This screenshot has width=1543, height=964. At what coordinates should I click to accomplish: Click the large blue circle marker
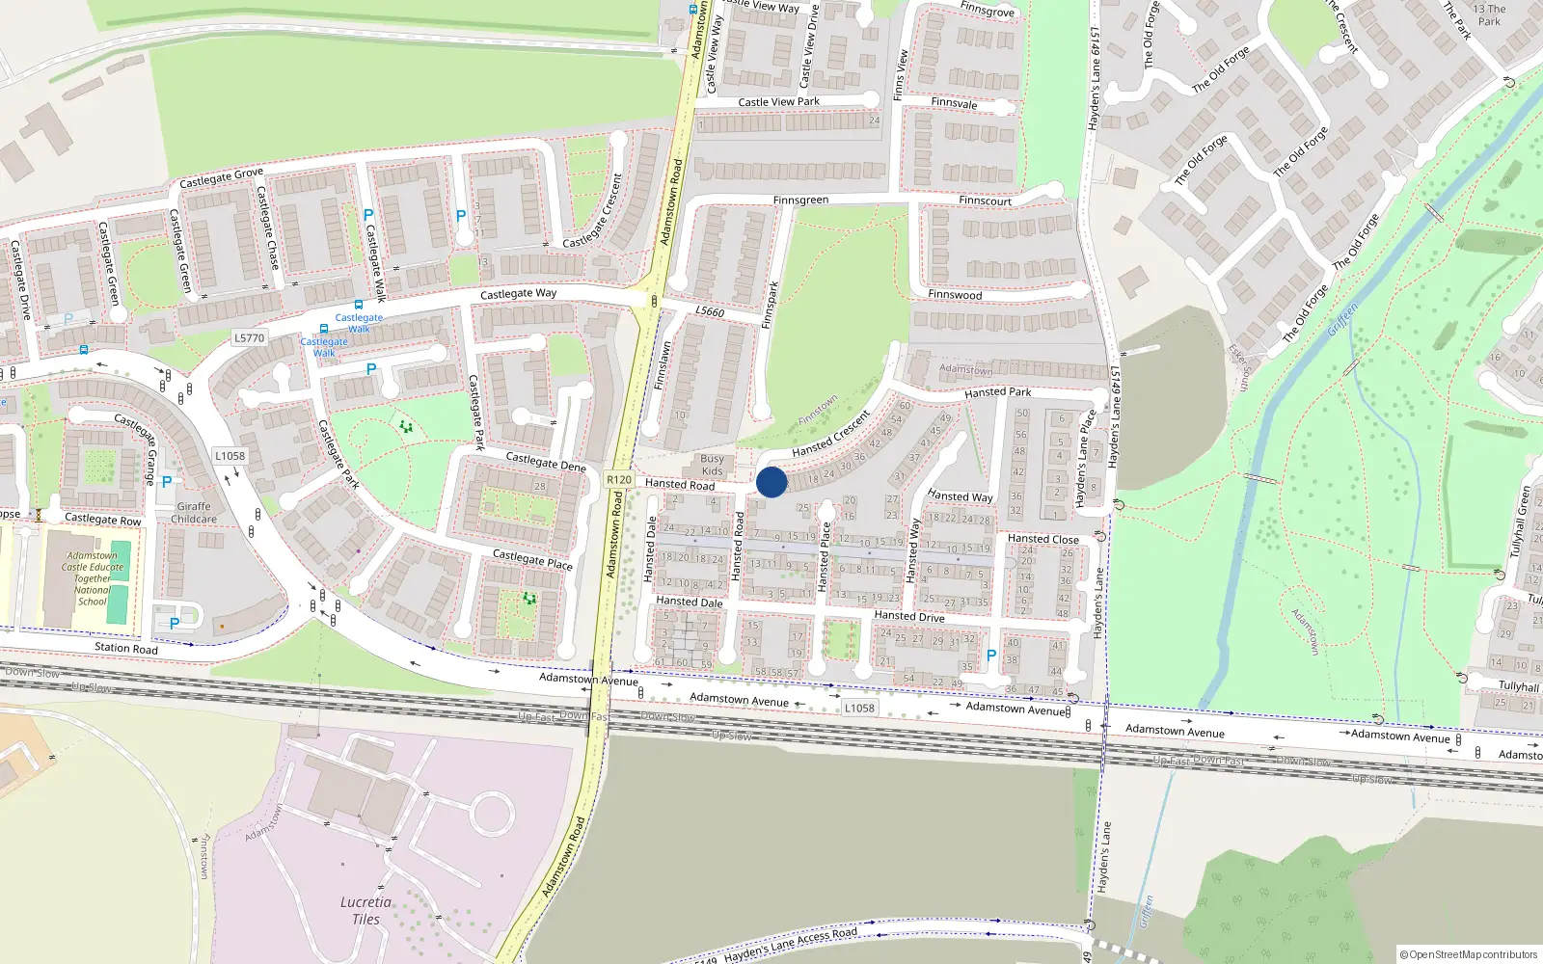coord(771,482)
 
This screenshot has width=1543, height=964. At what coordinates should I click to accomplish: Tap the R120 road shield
coord(619,479)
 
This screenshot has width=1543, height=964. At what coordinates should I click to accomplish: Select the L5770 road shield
coord(249,337)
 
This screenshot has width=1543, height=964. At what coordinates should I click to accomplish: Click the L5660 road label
coord(710,311)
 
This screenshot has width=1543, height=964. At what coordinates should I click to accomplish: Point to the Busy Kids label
coord(712,465)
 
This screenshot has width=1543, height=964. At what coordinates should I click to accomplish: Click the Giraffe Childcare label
coord(194,513)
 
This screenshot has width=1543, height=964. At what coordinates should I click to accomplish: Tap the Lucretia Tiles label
coord(365,910)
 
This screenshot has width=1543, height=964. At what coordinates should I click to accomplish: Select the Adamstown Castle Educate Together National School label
coord(93,578)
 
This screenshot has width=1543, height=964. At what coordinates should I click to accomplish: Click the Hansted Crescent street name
coord(830,435)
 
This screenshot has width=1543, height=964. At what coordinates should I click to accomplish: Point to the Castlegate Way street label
coord(518,293)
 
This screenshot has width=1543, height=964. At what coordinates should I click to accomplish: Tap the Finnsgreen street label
coord(800,201)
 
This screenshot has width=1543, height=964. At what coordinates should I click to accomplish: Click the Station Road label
coord(126,648)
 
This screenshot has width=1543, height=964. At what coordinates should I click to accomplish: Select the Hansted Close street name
coord(1042,539)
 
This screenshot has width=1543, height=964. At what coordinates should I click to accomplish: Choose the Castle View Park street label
coord(778,102)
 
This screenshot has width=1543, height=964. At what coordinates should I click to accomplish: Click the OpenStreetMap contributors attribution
coord(1469,954)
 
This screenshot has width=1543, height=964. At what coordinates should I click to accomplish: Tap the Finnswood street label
coord(955,294)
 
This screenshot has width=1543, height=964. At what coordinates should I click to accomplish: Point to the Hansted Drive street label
coord(908,616)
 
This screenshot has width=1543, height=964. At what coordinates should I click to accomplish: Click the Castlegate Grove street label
coord(221,178)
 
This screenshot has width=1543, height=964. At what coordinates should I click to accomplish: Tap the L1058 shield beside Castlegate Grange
coord(230,456)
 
